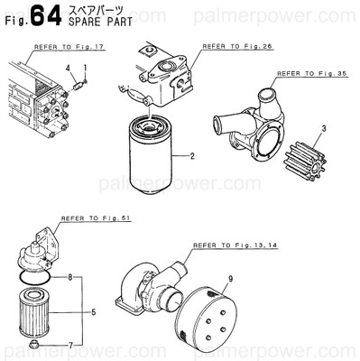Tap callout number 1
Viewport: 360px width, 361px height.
(85, 69)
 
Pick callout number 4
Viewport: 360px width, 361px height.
(69, 69)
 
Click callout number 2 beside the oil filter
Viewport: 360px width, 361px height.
(192, 156)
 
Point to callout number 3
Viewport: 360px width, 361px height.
(322, 131)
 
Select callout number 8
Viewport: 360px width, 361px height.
(69, 278)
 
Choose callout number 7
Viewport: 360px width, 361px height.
(69, 344)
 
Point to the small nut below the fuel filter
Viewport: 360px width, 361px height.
(34, 344)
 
